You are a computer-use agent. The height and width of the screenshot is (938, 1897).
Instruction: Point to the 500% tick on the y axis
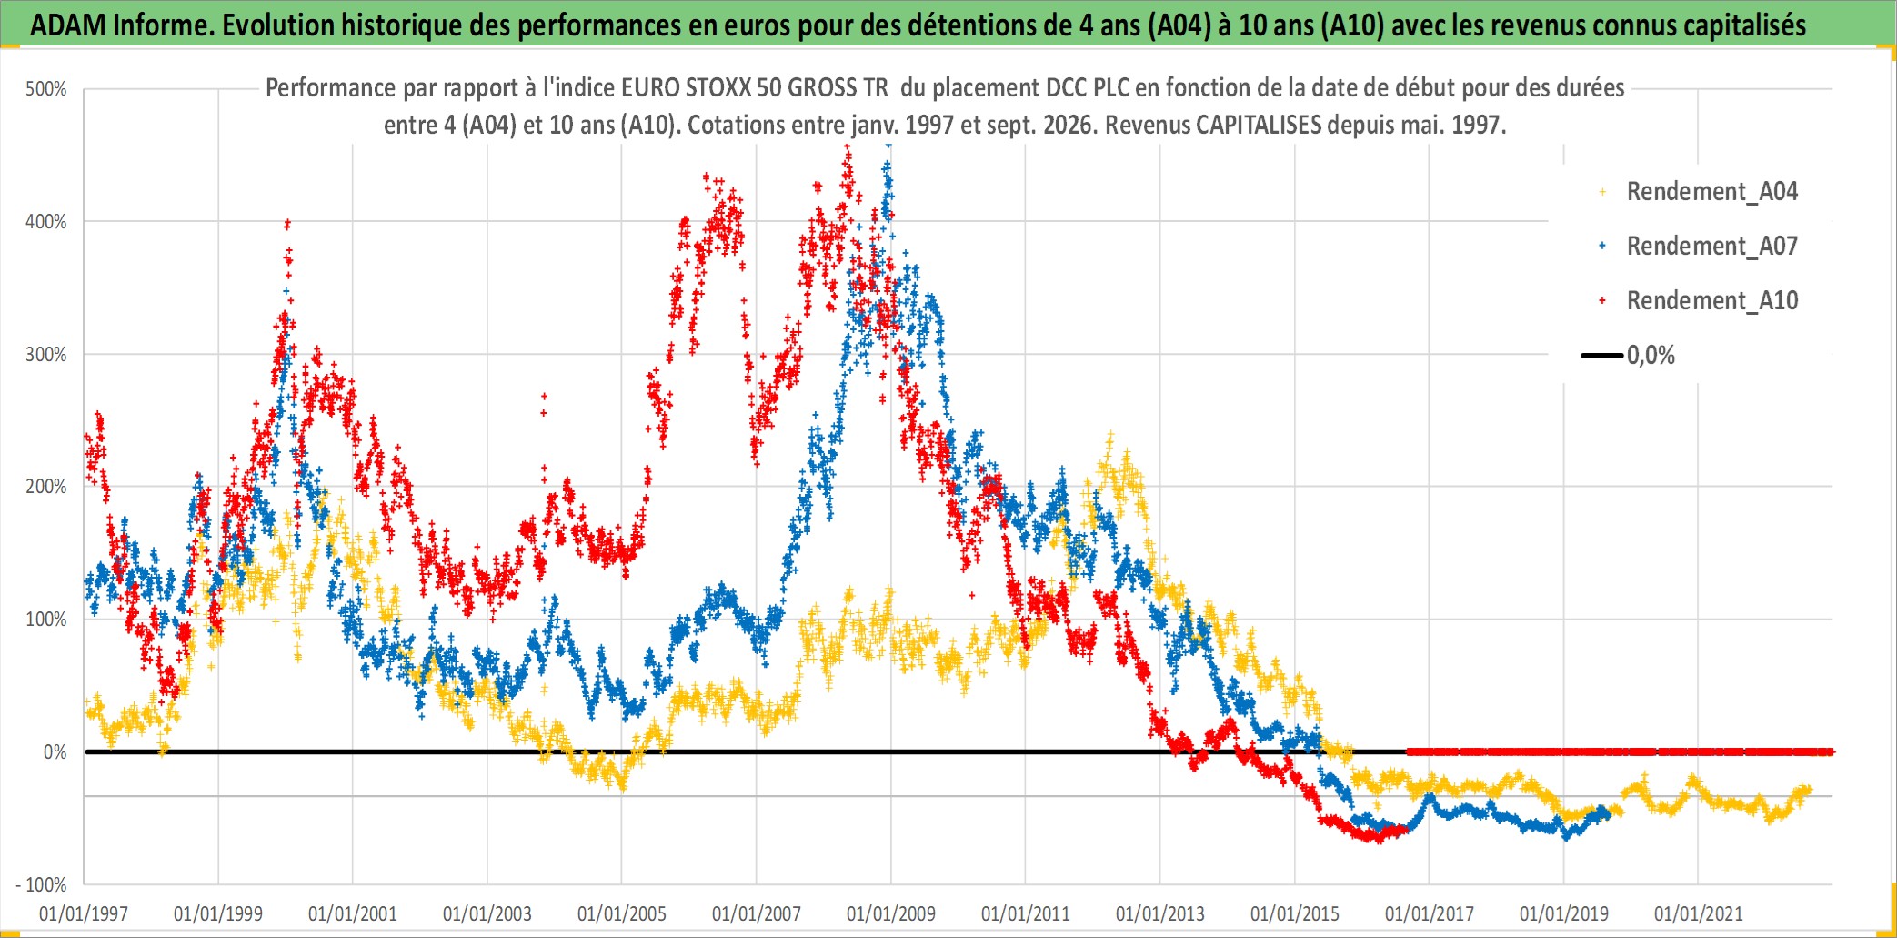point(46,89)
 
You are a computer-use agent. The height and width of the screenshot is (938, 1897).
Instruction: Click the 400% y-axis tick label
point(46,222)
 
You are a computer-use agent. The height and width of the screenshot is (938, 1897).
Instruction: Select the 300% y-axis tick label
point(46,355)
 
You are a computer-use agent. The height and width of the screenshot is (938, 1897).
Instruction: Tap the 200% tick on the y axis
point(46,487)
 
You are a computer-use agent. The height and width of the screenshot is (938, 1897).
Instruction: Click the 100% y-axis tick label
point(46,620)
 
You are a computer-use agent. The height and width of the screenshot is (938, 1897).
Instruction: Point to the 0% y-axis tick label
point(55,752)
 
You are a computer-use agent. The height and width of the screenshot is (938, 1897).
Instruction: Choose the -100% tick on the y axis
point(41,885)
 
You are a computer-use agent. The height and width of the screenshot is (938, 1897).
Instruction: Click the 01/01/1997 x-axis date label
point(84,913)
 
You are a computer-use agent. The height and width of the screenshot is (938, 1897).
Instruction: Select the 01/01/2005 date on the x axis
point(622,913)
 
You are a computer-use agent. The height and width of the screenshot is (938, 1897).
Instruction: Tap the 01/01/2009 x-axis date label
point(891,913)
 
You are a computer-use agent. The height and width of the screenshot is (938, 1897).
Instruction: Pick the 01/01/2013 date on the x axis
point(1160,913)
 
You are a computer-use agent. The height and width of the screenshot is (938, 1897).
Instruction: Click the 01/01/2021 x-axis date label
point(1699,913)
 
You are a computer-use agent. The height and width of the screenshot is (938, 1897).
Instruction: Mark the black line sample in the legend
point(1602,356)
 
